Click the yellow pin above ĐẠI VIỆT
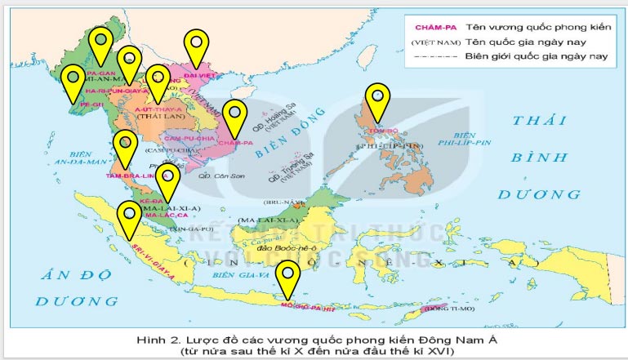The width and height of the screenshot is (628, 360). [195, 47]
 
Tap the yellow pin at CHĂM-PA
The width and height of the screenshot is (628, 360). [235, 116]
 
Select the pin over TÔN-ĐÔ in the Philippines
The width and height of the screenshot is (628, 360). [376, 100]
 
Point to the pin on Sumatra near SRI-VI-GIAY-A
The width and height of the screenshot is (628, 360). [128, 219]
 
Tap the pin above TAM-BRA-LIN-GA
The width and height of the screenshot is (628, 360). [125, 148]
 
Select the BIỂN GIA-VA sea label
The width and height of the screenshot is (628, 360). [233, 276]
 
